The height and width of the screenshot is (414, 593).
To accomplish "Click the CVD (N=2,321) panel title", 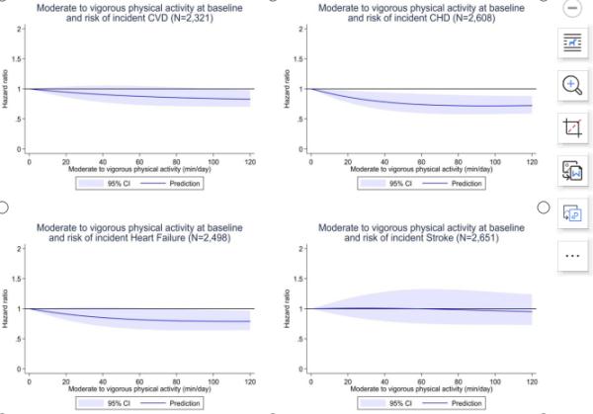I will pyautogui.click(x=142, y=11).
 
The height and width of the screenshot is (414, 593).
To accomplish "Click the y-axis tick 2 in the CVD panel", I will pyautogui.click(x=22, y=29).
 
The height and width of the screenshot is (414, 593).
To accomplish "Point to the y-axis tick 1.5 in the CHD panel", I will pyautogui.click(x=300, y=58).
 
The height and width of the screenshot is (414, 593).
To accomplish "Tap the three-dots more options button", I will pyautogui.click(x=571, y=254).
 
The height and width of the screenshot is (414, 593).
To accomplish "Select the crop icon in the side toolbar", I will pyautogui.click(x=571, y=127).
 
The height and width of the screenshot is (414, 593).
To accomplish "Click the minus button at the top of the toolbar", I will pyautogui.click(x=571, y=8).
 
